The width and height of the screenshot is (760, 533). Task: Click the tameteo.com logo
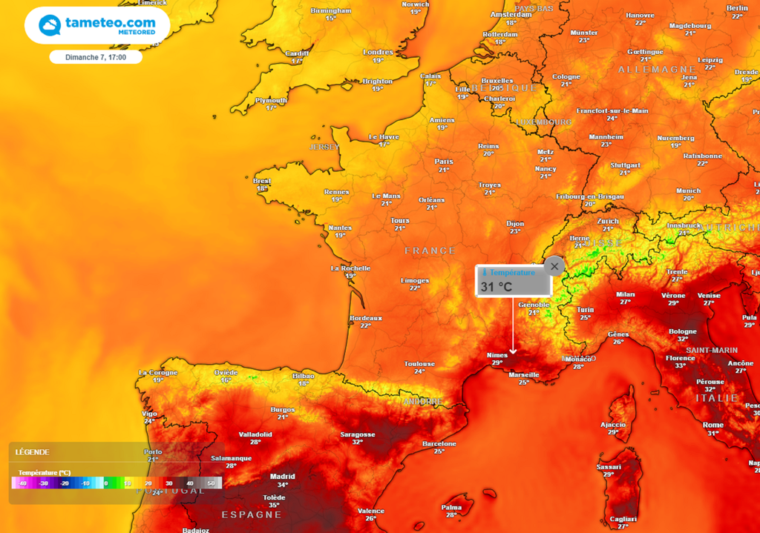click(x=97, y=25)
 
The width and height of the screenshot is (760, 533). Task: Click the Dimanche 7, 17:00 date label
click(x=96, y=57)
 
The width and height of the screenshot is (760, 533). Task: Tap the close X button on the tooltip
click(x=554, y=266)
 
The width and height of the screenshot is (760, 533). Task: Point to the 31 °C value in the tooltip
click(x=497, y=287)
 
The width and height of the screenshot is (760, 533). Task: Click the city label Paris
click(x=444, y=161)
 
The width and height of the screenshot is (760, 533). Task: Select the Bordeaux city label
click(x=365, y=317)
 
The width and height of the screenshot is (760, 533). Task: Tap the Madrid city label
click(x=282, y=477)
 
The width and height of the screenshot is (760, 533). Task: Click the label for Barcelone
click(x=439, y=443)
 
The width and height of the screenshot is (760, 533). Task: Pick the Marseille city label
click(x=524, y=374)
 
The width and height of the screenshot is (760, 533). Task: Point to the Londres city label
click(x=378, y=52)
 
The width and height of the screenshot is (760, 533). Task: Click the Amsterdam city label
click(x=511, y=14)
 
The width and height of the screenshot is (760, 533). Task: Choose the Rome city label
click(x=713, y=425)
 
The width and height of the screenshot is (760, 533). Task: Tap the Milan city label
click(x=626, y=294)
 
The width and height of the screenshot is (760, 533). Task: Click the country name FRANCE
click(x=430, y=251)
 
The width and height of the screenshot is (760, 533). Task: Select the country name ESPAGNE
click(x=252, y=514)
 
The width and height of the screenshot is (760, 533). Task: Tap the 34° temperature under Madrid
click(x=283, y=485)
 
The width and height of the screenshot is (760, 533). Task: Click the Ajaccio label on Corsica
click(x=613, y=424)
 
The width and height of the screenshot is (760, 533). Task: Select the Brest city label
click(x=262, y=181)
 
